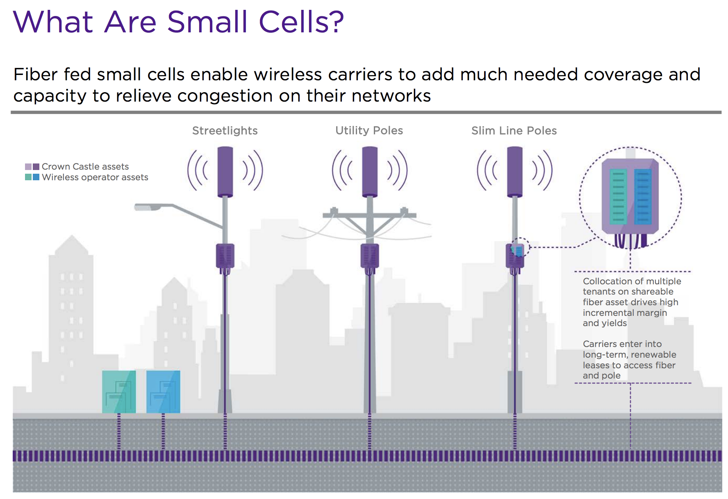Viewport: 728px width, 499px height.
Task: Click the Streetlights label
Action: click(225, 131)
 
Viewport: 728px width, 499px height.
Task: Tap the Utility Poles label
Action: click(369, 131)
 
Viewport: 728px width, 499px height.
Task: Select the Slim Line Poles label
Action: click(514, 131)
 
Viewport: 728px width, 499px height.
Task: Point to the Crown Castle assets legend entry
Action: click(77, 166)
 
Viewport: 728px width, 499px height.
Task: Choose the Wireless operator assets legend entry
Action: click(86, 177)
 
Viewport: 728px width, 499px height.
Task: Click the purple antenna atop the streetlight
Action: click(225, 172)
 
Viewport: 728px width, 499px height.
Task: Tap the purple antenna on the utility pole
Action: click(370, 172)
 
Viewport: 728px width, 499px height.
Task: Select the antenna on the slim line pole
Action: click(515, 172)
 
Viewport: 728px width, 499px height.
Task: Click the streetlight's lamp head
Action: click(148, 207)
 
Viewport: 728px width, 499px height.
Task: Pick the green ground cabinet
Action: click(119, 392)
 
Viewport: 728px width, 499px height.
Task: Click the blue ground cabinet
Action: click(163, 392)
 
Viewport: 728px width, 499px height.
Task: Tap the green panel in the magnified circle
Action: click(619, 197)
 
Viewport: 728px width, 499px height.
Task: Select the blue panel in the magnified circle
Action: click(643, 197)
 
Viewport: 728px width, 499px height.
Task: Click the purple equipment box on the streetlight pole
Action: click(225, 256)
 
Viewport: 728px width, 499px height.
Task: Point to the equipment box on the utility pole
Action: click(370, 256)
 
